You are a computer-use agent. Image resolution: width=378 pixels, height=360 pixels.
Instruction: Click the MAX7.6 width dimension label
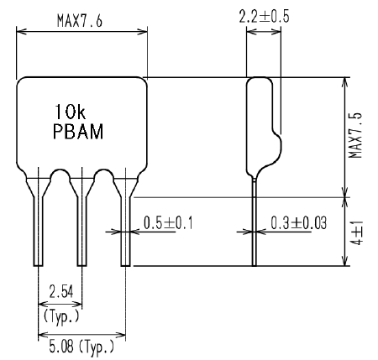[x=80, y=21]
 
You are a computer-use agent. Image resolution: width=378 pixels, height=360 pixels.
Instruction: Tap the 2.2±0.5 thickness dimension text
[x=264, y=17]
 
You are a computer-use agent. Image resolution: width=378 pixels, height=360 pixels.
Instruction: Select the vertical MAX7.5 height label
[x=355, y=136]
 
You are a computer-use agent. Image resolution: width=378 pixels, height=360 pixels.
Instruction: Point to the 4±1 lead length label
[x=357, y=233]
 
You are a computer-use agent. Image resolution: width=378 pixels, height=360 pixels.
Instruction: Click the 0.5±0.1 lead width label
[x=168, y=223]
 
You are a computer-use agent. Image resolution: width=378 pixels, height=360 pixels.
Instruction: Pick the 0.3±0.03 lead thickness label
[x=298, y=223]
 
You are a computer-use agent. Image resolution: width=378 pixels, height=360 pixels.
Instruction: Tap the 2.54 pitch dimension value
[x=61, y=292]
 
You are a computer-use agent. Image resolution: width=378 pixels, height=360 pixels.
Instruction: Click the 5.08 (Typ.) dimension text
[x=81, y=347]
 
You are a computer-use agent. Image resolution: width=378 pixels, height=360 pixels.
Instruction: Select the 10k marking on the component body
[x=71, y=112]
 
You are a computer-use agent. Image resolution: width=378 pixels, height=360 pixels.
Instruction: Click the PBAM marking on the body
[x=78, y=132]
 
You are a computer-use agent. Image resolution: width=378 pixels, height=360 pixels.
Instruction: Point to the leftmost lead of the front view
[x=38, y=224]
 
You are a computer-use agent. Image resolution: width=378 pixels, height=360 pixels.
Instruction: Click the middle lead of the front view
[x=81, y=224]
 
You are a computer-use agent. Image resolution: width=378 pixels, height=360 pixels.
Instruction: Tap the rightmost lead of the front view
[x=126, y=224]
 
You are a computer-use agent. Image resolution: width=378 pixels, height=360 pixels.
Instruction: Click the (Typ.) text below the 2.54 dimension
[x=61, y=316]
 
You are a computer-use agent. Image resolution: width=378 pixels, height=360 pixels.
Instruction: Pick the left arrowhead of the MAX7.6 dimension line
[x=22, y=32]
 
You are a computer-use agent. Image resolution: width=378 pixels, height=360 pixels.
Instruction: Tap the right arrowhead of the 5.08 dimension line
[x=120, y=335]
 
